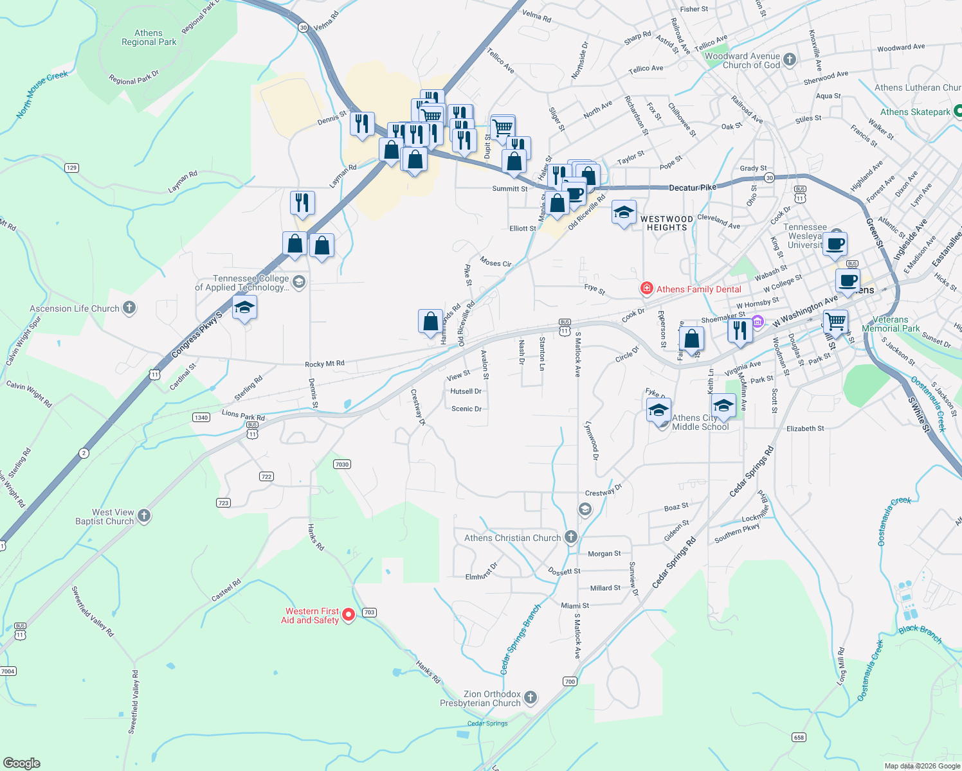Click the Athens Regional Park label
pos(149,38)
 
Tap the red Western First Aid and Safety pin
pos(349,615)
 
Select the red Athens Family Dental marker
pos(647,289)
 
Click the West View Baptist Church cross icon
pos(144,515)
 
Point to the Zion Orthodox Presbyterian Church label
pos(480,698)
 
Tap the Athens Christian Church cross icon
pos(570,537)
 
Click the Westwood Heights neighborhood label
pos(667,223)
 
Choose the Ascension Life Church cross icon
pos(129,308)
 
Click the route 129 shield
pos(71,168)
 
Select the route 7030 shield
pos(342,464)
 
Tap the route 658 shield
pos(799,737)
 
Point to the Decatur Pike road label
pos(693,188)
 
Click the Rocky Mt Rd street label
pos(325,364)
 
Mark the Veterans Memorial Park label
pos(891,324)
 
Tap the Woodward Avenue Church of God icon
pos(790,60)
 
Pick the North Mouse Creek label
pos(42,94)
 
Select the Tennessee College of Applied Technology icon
pos(298,281)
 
